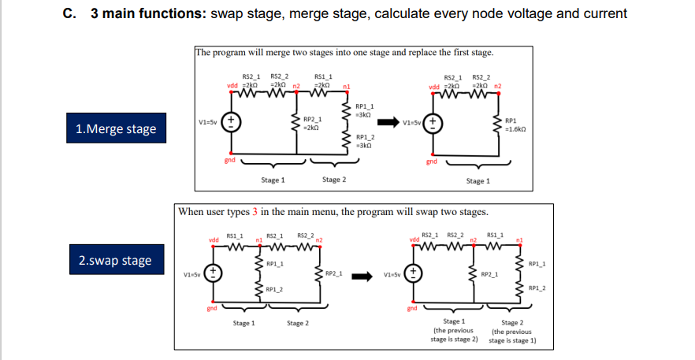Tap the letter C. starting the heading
(x=69, y=13)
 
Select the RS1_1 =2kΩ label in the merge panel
(x=323, y=79)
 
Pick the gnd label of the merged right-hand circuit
(x=431, y=161)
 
